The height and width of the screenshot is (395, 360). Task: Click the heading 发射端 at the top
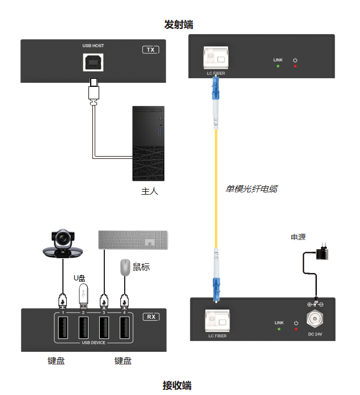coord(179,25)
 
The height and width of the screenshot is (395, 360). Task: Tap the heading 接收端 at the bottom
coord(177,386)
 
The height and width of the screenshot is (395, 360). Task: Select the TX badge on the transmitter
coord(150,50)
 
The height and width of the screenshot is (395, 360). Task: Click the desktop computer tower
coord(149,143)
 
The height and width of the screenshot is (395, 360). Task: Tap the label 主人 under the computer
coord(149,191)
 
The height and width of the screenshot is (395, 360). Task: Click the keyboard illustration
coord(133,239)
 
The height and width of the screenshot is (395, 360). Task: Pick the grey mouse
coord(125,267)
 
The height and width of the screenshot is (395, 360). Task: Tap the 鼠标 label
coord(141,267)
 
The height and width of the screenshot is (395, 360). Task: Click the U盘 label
coord(79,278)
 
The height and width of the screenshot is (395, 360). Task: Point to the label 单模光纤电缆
coord(252,188)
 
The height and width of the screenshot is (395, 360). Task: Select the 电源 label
coord(298,237)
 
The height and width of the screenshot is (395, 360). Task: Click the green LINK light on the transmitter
coord(278,66)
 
